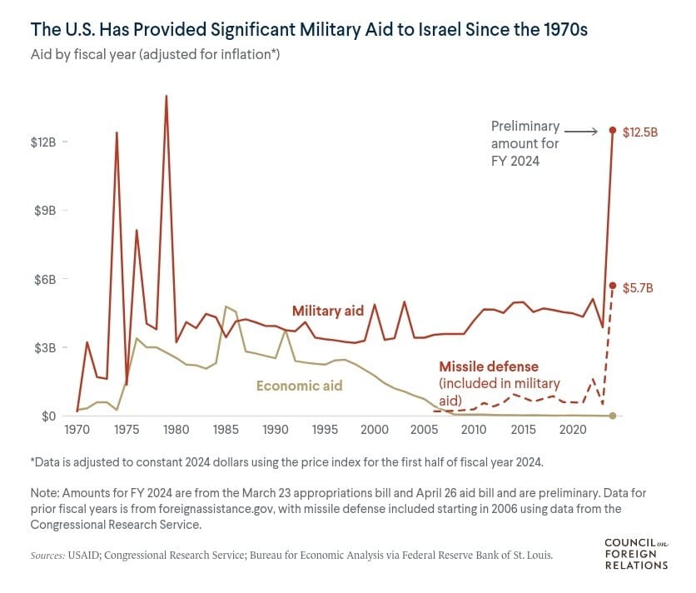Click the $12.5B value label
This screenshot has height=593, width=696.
pos(640,132)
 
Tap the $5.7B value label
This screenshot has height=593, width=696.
pos(637,286)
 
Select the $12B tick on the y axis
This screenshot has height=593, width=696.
pos(43,142)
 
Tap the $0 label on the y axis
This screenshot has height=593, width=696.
pos(50,416)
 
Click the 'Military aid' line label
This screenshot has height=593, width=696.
pos(328,311)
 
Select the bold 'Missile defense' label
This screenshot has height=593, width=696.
pos(489,366)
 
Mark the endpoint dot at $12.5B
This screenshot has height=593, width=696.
pos(613,131)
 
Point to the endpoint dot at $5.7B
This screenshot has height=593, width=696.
pos(613,286)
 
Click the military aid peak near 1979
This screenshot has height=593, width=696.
pos(166,96)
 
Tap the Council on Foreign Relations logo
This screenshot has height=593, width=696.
pos(636,554)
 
